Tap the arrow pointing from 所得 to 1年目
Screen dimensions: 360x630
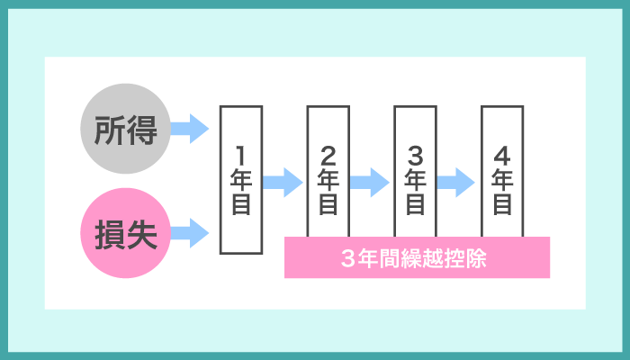(x=189, y=129)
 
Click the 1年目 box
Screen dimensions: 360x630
(x=240, y=179)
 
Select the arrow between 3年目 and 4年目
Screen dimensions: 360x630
(x=457, y=182)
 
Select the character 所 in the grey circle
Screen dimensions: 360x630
(x=111, y=131)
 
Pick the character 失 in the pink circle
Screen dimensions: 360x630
(x=142, y=237)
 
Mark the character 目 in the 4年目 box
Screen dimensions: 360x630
(x=502, y=205)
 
